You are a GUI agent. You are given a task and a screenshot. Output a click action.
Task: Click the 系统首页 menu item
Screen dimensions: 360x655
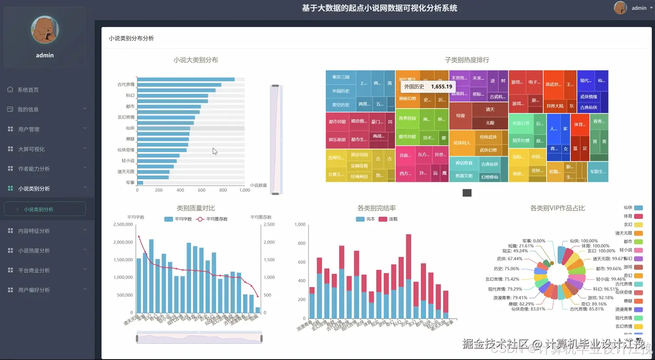coord(28,90)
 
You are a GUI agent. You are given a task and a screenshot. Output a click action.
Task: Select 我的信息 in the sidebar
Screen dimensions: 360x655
coord(28,109)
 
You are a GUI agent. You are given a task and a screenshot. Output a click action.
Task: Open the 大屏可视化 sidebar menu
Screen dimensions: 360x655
coord(31,149)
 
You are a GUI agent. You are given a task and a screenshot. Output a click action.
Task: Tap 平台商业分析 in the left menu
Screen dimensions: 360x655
coord(34,270)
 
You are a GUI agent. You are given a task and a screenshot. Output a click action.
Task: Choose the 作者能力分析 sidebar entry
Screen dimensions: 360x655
coord(34,169)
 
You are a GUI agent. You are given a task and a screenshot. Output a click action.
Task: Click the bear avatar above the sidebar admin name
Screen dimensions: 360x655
coord(44,30)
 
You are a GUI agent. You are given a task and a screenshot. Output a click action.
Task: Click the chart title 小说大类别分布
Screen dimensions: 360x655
coord(196,60)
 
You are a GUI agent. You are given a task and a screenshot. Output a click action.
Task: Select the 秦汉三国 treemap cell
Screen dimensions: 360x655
coord(341,77)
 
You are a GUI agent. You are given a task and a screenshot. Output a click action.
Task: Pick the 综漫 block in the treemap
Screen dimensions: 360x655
coord(460,116)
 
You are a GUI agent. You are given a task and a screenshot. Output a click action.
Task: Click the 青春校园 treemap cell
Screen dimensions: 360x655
coord(407,118)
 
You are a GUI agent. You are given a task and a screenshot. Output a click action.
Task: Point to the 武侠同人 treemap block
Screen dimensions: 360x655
coord(461,143)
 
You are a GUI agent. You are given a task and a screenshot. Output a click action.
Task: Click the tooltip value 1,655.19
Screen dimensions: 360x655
coord(441,87)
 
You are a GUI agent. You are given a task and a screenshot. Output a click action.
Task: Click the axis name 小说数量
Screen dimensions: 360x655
coord(259,185)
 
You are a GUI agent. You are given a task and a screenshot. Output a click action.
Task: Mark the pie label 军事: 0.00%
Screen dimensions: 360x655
coord(534,241)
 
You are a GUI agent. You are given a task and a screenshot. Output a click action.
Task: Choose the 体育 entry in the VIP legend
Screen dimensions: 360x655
coord(627,216)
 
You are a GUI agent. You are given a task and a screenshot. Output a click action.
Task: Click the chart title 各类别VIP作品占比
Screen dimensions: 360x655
coord(557,208)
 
